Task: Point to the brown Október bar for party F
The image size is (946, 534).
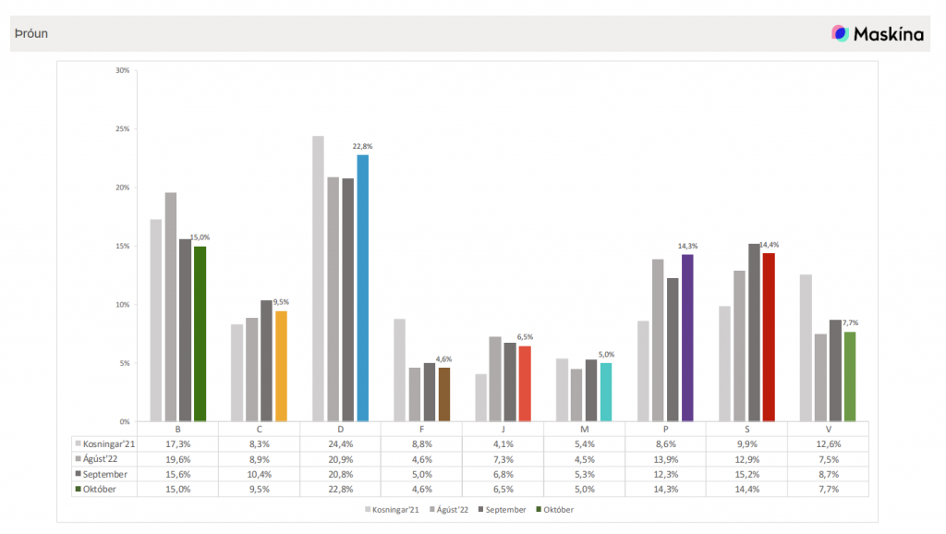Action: click(x=444, y=394)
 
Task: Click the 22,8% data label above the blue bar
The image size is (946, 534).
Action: click(x=362, y=146)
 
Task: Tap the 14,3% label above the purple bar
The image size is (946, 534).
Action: click(x=687, y=246)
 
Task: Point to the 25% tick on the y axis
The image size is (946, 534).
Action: click(x=123, y=128)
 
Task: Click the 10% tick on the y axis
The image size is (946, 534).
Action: click(x=123, y=304)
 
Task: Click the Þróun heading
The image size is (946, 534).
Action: click(x=31, y=34)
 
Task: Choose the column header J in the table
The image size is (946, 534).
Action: click(x=503, y=429)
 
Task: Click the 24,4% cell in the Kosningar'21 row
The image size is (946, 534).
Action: click(x=340, y=444)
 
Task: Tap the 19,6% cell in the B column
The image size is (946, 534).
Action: click(x=177, y=459)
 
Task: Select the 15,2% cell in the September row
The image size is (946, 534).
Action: click(x=746, y=474)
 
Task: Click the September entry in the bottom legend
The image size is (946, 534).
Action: click(x=504, y=509)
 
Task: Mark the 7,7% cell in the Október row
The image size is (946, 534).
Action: click(x=828, y=489)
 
